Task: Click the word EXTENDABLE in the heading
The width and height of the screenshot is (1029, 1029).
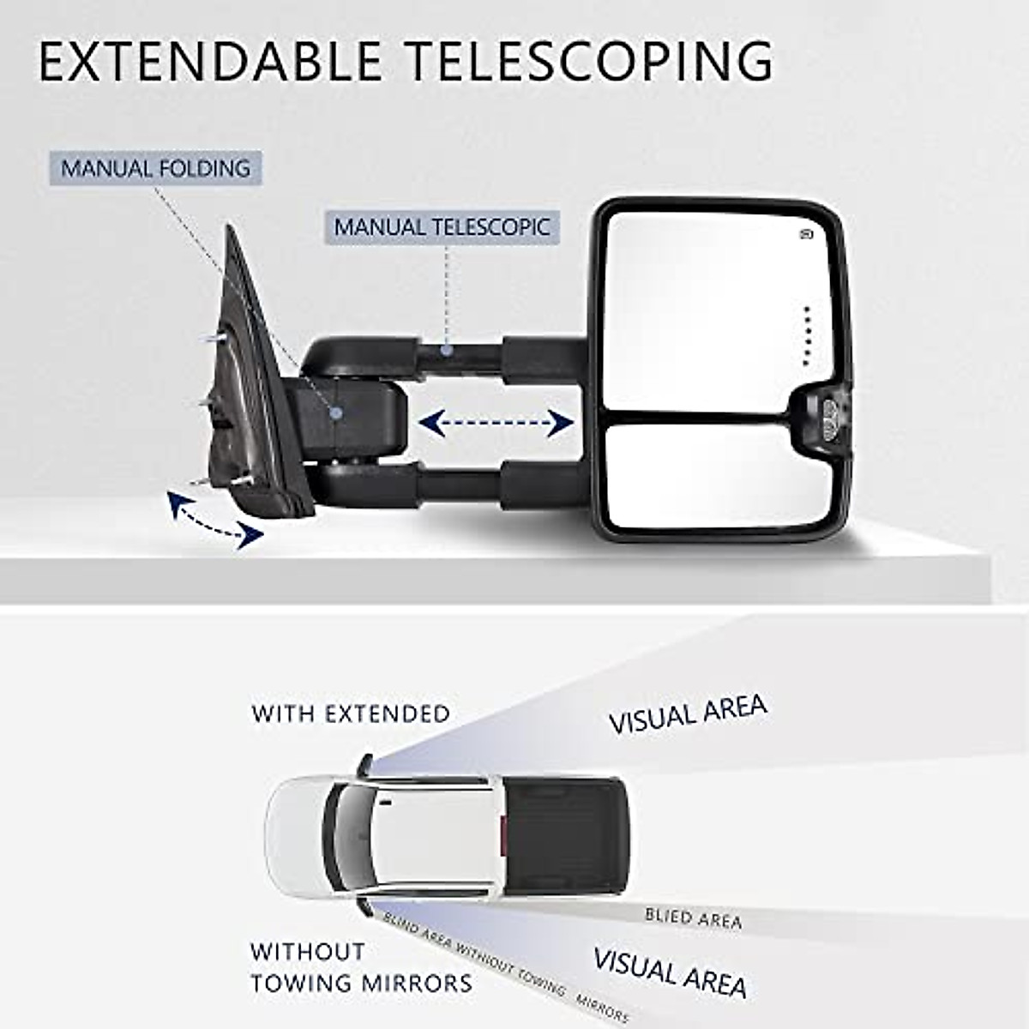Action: click(210, 61)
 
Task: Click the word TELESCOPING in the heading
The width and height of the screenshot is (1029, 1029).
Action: click(589, 61)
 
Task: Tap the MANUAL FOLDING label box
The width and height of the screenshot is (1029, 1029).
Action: click(155, 168)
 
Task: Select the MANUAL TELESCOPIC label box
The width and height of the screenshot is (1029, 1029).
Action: click(442, 227)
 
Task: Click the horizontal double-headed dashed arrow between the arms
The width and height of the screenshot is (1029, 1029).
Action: click(496, 422)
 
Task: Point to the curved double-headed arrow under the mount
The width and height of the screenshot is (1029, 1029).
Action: click(215, 521)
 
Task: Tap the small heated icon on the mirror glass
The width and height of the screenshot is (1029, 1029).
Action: click(807, 233)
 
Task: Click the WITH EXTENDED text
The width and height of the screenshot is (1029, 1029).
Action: click(351, 713)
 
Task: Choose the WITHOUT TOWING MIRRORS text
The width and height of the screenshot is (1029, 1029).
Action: click(361, 967)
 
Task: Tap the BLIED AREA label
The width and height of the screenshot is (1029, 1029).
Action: click(693, 918)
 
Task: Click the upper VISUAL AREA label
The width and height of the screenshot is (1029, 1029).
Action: click(688, 714)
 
